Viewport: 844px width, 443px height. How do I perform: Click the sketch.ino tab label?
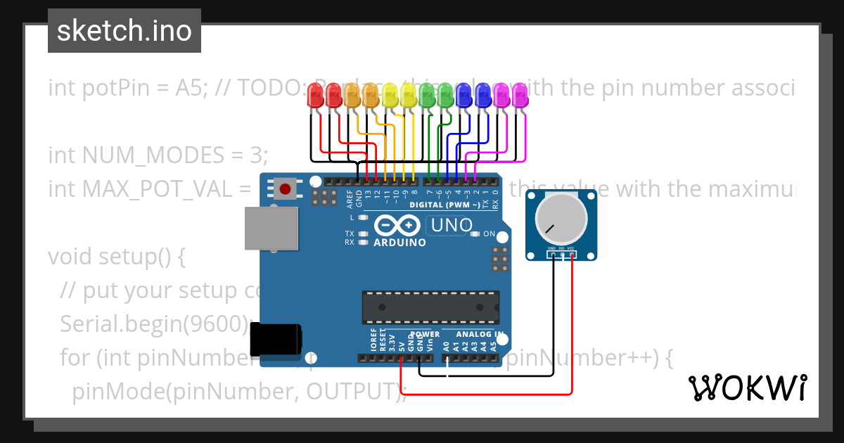[x=124, y=31]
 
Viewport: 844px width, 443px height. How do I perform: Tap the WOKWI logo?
[x=747, y=387]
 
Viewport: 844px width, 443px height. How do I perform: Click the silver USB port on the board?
[x=270, y=228]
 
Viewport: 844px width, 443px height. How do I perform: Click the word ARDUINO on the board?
[x=399, y=243]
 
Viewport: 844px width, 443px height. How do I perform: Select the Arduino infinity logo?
[x=399, y=225]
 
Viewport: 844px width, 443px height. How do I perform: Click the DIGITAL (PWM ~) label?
[x=445, y=205]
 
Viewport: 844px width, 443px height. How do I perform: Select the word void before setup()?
[x=70, y=257]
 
